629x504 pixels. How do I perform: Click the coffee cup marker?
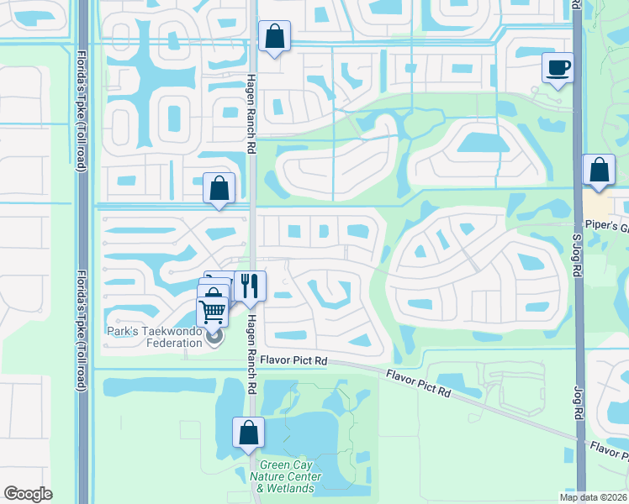pyautogui.click(x=558, y=67)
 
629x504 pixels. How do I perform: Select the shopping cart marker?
pyautogui.click(x=213, y=311)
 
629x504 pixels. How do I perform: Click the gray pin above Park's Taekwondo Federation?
pyautogui.click(x=214, y=338)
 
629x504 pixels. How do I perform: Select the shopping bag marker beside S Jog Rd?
pyautogui.click(x=599, y=170)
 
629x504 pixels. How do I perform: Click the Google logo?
pyautogui.click(x=28, y=494)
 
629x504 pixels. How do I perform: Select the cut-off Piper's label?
pyautogui.click(x=612, y=227)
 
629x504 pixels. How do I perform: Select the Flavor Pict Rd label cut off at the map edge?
pyautogui.click(x=607, y=452)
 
